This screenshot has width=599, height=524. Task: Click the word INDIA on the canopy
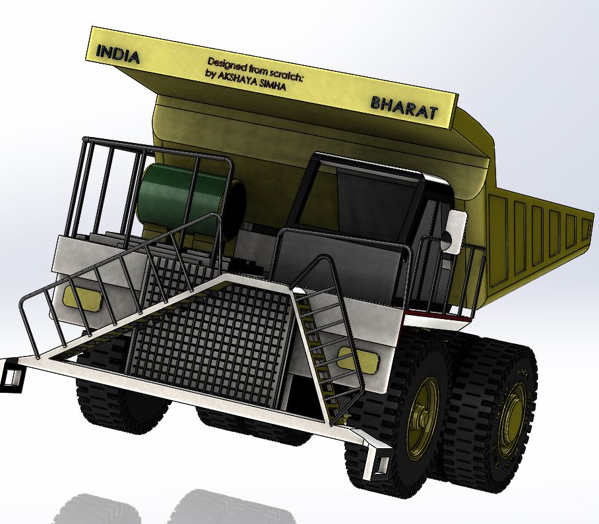pos(117,54)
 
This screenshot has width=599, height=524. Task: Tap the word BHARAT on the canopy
pos(404,107)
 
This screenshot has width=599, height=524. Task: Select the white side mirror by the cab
pos(456,232)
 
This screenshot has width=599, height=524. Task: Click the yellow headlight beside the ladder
pos(359,361)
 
